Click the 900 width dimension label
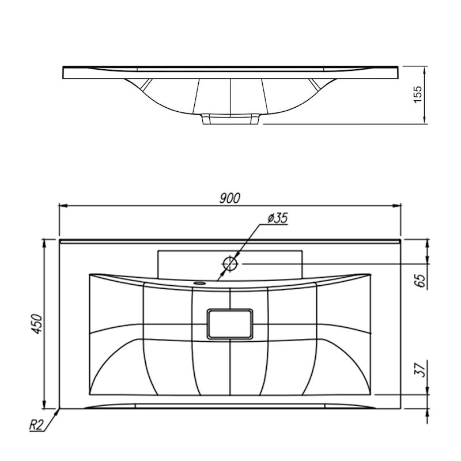230,198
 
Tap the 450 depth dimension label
37,324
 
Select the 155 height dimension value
417,94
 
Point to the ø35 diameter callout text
277,218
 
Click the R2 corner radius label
36,425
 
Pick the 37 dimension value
420,369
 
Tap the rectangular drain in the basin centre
230,324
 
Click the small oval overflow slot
199,283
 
